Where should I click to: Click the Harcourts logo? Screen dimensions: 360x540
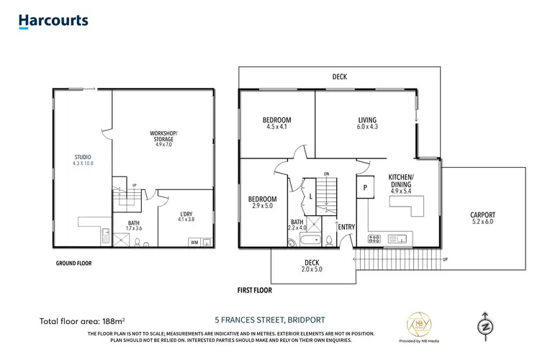54,20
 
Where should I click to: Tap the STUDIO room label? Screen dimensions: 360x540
83,160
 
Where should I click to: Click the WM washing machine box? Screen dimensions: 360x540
194,243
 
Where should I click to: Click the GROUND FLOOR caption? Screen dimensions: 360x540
73,264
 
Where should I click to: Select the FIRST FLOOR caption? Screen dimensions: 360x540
255,291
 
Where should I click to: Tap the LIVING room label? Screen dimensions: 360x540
367,123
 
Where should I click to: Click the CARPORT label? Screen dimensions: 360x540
482,218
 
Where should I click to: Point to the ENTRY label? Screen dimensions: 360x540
346,228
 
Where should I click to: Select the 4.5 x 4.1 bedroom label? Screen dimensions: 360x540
276,123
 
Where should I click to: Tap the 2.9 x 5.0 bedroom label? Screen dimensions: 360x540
262,202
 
